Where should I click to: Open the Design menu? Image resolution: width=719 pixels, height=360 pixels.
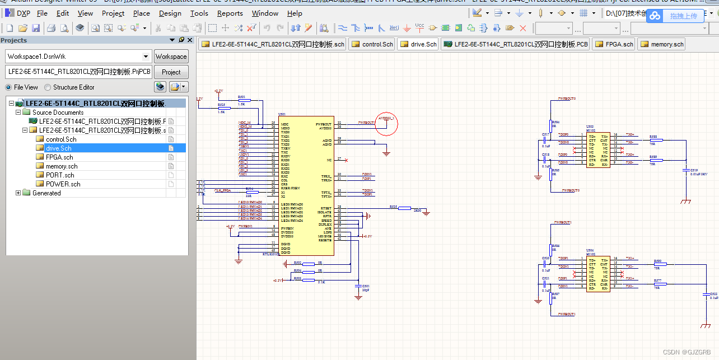pyautogui.click(x=170, y=13)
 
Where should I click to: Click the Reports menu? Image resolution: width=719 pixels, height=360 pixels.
pyautogui.click(x=230, y=13)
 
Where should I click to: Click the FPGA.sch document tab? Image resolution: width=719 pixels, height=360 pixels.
pyautogui.click(x=614, y=44)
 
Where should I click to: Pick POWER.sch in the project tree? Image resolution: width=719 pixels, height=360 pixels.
pyautogui.click(x=63, y=184)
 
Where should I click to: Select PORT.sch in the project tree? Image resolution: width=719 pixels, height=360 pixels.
pyautogui.click(x=60, y=175)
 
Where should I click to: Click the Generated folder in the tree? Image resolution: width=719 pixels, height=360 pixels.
pyautogui.click(x=46, y=193)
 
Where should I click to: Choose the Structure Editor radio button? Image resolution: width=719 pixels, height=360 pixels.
pyautogui.click(x=48, y=87)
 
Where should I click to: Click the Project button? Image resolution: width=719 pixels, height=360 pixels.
pyautogui.click(x=171, y=72)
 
